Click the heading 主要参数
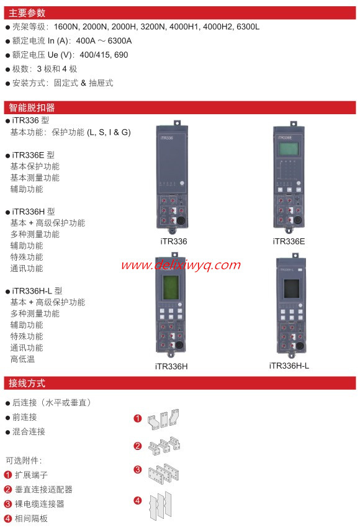tap(27, 13)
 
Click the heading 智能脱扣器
tap(32, 107)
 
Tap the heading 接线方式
tap(27, 383)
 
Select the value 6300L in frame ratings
tap(248, 27)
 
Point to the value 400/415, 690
tap(104, 55)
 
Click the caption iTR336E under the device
tap(289, 241)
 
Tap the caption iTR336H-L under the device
tap(289, 366)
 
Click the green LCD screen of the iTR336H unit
tap(171, 287)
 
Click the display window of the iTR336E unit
tap(289, 149)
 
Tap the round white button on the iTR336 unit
tap(182, 183)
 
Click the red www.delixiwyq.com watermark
tap(181, 265)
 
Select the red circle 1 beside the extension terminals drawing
tap(138, 418)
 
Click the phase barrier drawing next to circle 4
tap(161, 506)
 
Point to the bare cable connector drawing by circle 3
tap(164, 473)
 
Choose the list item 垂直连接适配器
tap(43, 490)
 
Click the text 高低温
tap(22, 359)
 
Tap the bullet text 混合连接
tap(29, 431)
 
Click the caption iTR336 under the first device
tap(173, 241)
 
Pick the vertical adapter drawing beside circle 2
tap(164, 445)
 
